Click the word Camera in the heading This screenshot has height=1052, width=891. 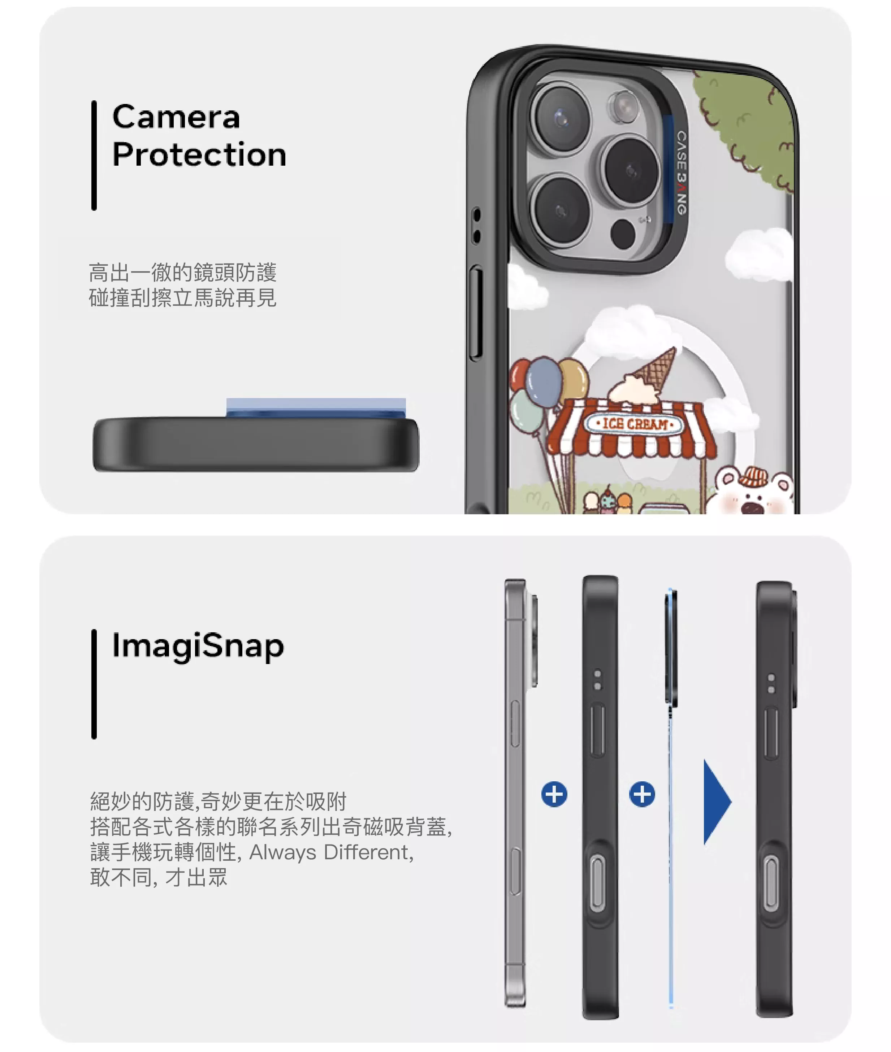176,118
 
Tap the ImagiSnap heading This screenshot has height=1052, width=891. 198,647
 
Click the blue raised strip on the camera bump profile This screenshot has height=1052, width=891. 316,408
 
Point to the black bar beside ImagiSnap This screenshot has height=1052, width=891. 94,684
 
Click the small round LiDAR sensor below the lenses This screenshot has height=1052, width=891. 623,234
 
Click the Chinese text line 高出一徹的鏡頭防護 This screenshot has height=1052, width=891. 183,272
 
